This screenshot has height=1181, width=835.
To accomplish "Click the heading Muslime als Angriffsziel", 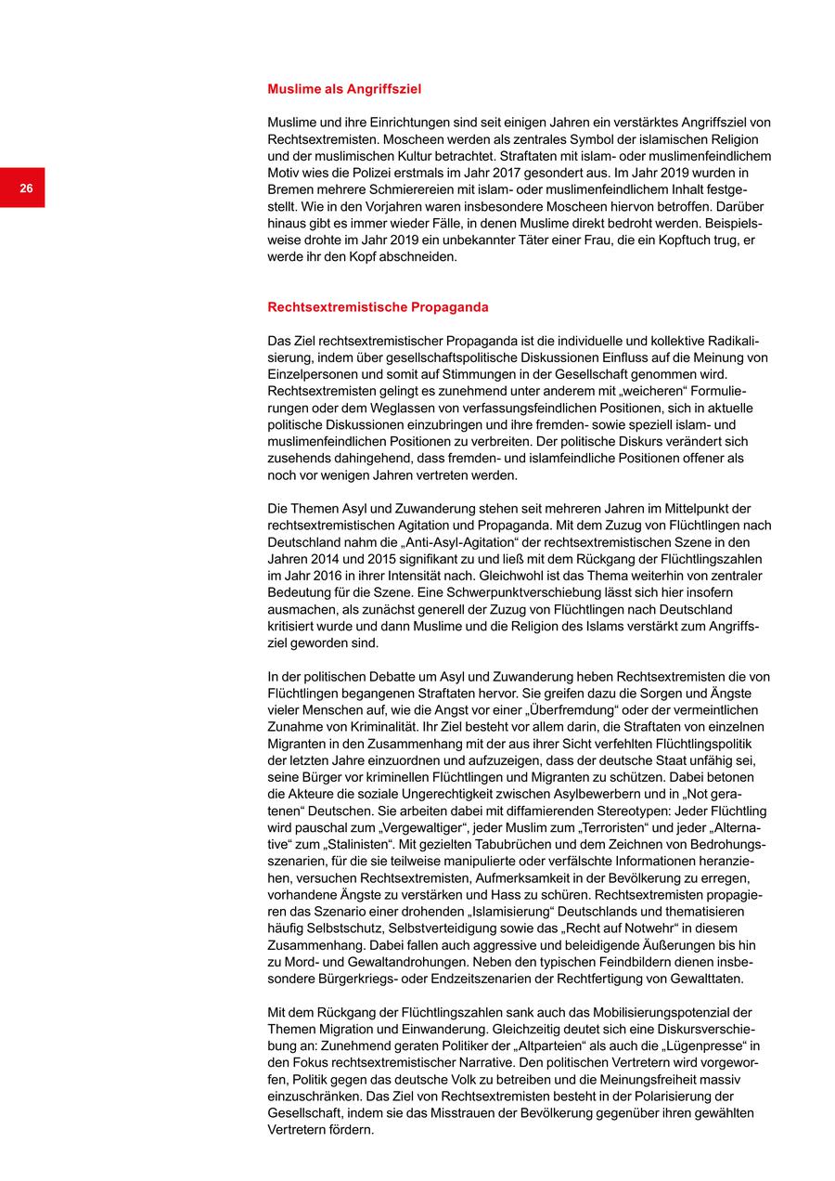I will [x=344, y=90].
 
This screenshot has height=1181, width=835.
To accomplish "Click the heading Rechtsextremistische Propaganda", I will [x=378, y=307].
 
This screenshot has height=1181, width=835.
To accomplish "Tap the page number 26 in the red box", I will [x=26, y=188].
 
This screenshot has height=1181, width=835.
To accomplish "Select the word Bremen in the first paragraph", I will [x=289, y=189].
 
